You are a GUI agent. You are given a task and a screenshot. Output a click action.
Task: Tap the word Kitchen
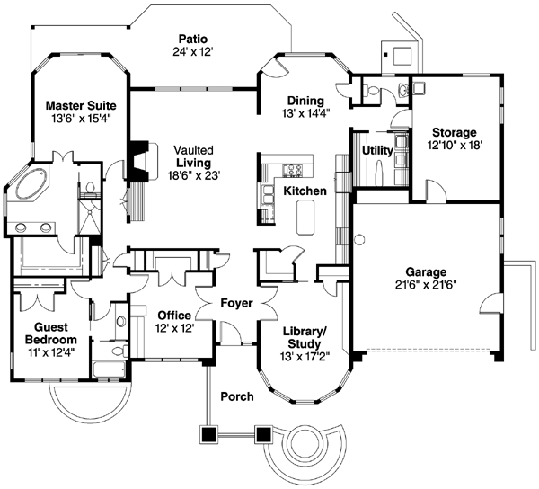tap(304, 191)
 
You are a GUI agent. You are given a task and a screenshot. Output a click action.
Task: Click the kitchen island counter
tap(305, 216)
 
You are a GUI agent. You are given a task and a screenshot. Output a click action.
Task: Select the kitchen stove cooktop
tap(293, 171)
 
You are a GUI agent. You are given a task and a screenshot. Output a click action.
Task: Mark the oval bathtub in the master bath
tap(32, 186)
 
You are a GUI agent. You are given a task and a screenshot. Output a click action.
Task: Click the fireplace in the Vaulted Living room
tap(137, 159)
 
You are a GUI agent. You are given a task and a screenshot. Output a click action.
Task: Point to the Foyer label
tap(237, 304)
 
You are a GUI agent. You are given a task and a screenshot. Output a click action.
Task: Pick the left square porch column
tap(208, 434)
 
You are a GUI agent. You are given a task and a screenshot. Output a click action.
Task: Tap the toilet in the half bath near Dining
tap(398, 91)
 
